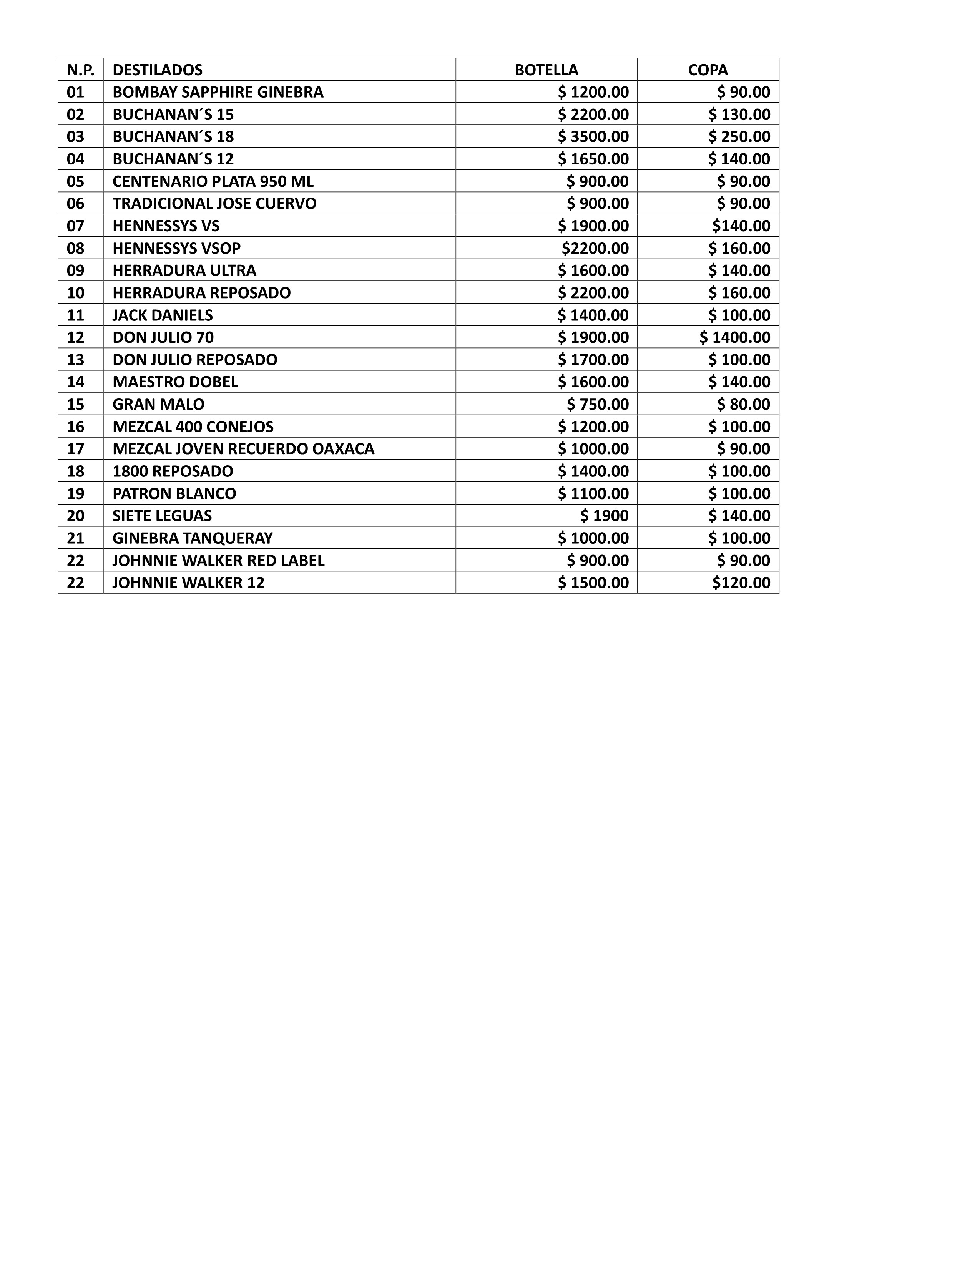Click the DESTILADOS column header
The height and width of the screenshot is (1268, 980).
click(x=157, y=70)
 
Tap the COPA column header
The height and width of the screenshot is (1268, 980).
click(x=707, y=70)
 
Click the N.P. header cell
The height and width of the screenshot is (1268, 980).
click(x=81, y=70)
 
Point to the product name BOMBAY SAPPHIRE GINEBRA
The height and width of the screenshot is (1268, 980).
click(x=218, y=92)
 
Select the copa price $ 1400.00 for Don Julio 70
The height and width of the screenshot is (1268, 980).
click(x=734, y=337)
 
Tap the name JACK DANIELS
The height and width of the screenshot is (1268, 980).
click(x=163, y=315)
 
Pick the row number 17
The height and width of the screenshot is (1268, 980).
click(x=75, y=449)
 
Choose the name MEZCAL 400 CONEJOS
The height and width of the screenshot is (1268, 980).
click(x=193, y=427)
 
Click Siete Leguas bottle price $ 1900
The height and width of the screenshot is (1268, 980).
click(x=605, y=516)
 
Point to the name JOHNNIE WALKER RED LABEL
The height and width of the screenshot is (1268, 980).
click(x=218, y=560)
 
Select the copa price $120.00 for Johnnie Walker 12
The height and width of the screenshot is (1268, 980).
click(x=741, y=583)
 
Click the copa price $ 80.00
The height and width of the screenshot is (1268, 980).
click(x=743, y=404)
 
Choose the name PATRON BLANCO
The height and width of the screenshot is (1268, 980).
click(x=174, y=493)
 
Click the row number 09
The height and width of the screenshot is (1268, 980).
click(x=75, y=271)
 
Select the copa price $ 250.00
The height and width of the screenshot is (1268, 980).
click(x=739, y=136)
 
